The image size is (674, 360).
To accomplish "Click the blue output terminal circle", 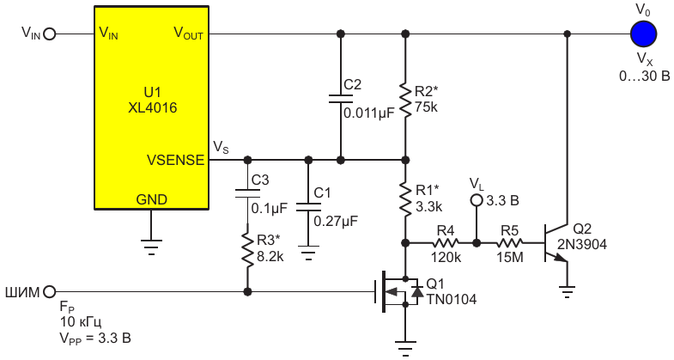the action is tap(643, 34).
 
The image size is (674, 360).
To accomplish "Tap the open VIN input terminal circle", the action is tap(50, 34).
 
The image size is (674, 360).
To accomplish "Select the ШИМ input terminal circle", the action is tap(50, 292).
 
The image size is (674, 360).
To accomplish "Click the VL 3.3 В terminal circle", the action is tap(477, 200).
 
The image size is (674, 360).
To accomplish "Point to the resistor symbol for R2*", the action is tap(405, 101).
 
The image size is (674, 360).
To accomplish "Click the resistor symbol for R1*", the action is tap(405, 199).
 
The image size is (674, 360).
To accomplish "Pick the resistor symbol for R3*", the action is tap(247, 248).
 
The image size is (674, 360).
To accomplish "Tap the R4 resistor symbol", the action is tap(446, 243).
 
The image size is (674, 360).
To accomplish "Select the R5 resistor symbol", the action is tap(509, 243).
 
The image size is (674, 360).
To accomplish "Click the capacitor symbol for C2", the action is tap(341, 99).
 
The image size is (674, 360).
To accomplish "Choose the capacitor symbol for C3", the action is tap(247, 193).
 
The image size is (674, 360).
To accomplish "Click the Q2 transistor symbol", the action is tap(556, 243).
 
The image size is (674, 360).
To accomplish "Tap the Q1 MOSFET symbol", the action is tap(398, 292).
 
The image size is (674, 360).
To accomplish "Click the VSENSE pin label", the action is tap(175, 160).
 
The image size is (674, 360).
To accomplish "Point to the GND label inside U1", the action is tap(151, 199).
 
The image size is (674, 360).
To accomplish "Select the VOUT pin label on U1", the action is tap(188, 34).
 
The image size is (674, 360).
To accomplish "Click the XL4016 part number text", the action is tap(152, 107).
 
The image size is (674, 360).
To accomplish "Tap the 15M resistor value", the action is tap(510, 258).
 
